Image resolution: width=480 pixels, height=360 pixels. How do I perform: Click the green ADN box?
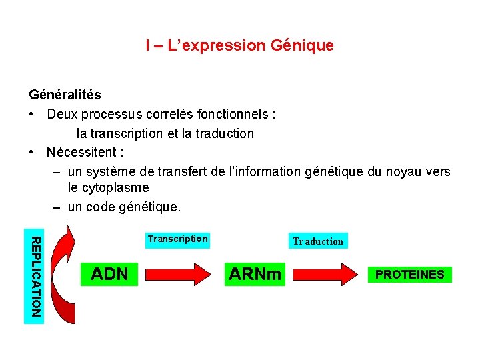tap(109, 274)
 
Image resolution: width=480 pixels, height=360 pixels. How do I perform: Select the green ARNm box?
tap(255, 274)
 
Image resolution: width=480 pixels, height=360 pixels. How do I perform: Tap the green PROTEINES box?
tap(410, 275)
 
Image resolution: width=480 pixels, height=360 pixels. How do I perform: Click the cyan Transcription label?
tap(177, 239)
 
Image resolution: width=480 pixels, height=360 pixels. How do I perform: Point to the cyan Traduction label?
tap(318, 241)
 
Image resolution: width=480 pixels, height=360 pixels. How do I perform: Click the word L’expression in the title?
tap(217, 46)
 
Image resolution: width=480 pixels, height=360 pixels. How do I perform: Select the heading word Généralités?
tap(65, 95)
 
